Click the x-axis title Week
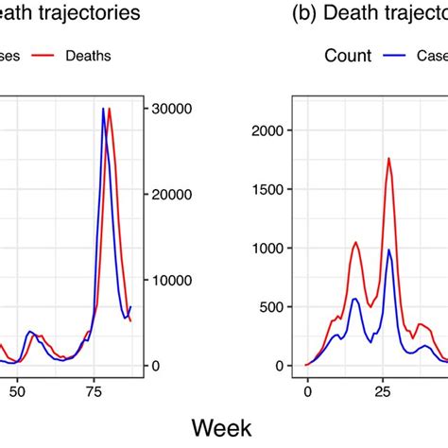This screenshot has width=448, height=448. pyautogui.click(x=223, y=427)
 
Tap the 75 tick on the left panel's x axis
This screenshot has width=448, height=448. pyautogui.click(x=95, y=388)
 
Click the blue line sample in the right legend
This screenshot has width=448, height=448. pyautogui.click(x=396, y=56)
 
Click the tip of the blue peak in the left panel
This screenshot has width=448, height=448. pyautogui.click(x=103, y=109)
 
